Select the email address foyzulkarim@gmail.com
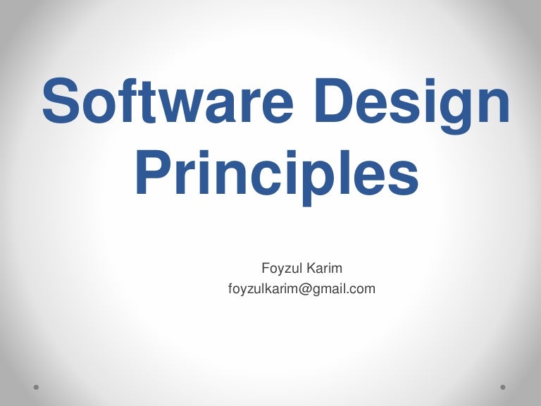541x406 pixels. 301,288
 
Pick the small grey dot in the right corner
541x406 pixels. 504,387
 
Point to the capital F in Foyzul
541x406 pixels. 265,269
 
